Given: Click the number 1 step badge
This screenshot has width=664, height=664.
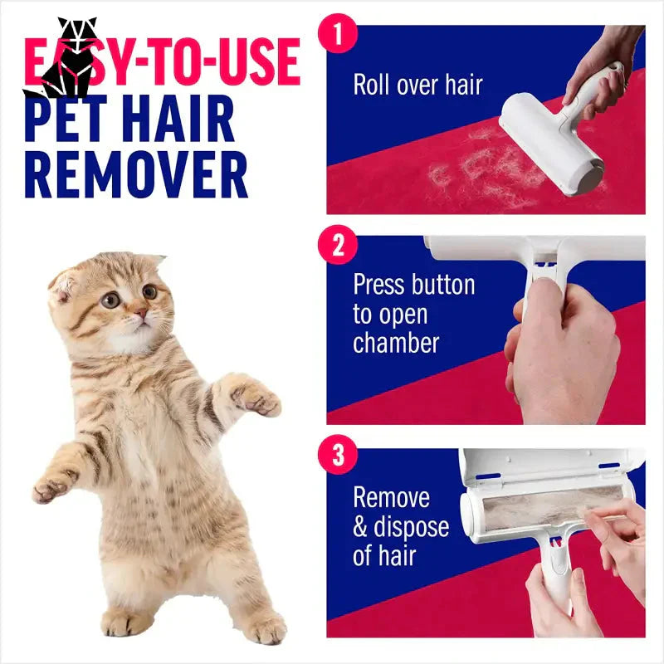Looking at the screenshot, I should point(337,36).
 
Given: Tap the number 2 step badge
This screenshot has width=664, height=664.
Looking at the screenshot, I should point(337,247).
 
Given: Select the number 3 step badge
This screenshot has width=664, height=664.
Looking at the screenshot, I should point(337,455).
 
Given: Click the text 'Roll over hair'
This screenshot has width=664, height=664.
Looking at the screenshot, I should point(417,85).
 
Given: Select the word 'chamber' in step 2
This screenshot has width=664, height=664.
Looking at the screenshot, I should point(396,342).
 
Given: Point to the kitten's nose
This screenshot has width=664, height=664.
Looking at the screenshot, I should point(142,314).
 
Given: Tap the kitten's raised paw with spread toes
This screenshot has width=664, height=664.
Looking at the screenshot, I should point(255,399).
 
